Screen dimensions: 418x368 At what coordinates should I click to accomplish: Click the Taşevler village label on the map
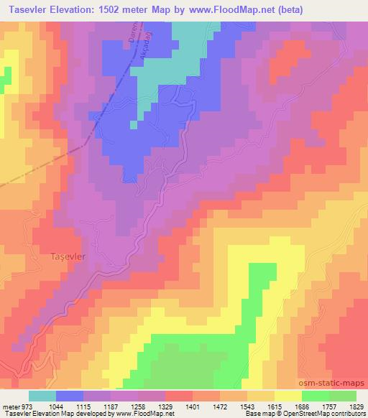click(x=68, y=255)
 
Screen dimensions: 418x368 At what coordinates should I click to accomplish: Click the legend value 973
click(x=26, y=407)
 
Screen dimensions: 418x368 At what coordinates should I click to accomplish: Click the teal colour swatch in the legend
click(x=42, y=396)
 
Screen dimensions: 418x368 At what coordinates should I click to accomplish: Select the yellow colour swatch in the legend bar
click(x=287, y=396)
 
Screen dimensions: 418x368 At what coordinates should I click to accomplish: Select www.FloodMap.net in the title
click(x=229, y=10)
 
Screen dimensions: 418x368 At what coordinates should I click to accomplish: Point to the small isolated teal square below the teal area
click(x=133, y=125)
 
